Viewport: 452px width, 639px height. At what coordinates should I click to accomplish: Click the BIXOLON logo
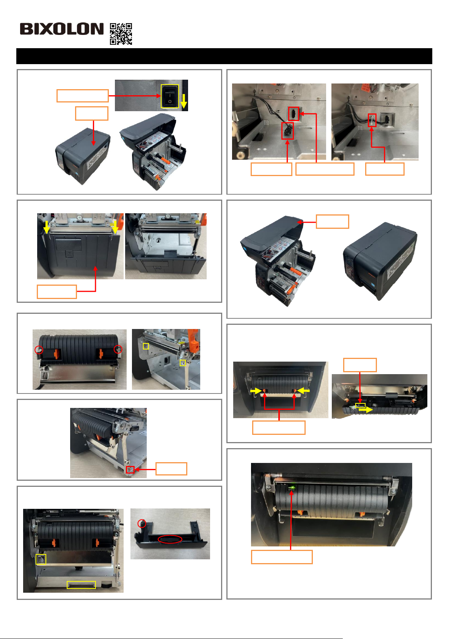pos(61,29)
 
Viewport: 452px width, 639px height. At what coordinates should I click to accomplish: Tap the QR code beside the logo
pos(121,34)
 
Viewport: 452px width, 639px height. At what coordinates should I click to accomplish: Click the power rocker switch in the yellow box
pos(169,96)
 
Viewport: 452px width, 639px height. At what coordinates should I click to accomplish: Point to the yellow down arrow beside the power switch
pos(184,101)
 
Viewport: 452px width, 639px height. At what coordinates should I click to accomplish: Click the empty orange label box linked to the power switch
pos(83,96)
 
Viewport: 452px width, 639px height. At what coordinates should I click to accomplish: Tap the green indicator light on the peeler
pos(291,488)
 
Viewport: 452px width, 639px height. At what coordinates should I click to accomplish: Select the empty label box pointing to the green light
pos(282,557)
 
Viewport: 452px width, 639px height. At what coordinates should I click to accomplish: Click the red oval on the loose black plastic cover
pos(170,539)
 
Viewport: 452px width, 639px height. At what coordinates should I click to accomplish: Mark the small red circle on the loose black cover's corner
pos(142,524)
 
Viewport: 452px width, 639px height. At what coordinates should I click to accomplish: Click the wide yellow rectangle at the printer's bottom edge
pos(81,585)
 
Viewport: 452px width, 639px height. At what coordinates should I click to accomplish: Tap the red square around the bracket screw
pos(130,469)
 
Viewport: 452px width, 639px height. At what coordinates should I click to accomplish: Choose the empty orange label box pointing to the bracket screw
pos(171,469)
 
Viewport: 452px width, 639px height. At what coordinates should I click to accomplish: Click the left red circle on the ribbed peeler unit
pos(39,350)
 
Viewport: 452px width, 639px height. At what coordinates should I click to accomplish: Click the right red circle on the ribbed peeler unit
pos(118,349)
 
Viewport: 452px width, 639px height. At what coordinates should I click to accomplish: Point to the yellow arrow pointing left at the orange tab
pos(304,390)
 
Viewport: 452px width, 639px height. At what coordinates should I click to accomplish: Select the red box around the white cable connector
pos(372,120)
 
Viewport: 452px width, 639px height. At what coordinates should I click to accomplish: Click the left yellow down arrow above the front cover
pos(47,227)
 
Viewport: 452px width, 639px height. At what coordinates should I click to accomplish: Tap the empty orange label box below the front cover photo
pos(57,291)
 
